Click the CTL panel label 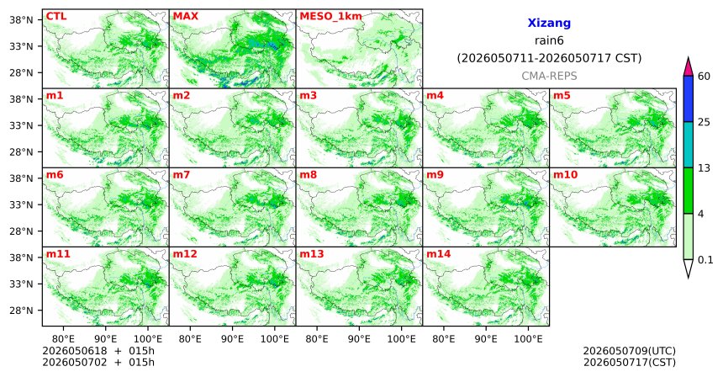point(56,17)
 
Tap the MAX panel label point(185,17)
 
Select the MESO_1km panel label point(330,17)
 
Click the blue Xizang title point(549,23)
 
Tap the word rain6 point(549,40)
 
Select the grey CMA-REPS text point(549,76)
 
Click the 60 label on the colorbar point(705,76)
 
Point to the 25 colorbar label point(705,122)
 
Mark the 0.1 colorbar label point(705,260)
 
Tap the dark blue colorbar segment point(689,98)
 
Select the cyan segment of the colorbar point(689,145)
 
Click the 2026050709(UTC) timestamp point(630,351)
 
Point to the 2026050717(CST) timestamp point(630,362)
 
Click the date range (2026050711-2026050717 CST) point(549,59)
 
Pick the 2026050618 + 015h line point(98,351)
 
